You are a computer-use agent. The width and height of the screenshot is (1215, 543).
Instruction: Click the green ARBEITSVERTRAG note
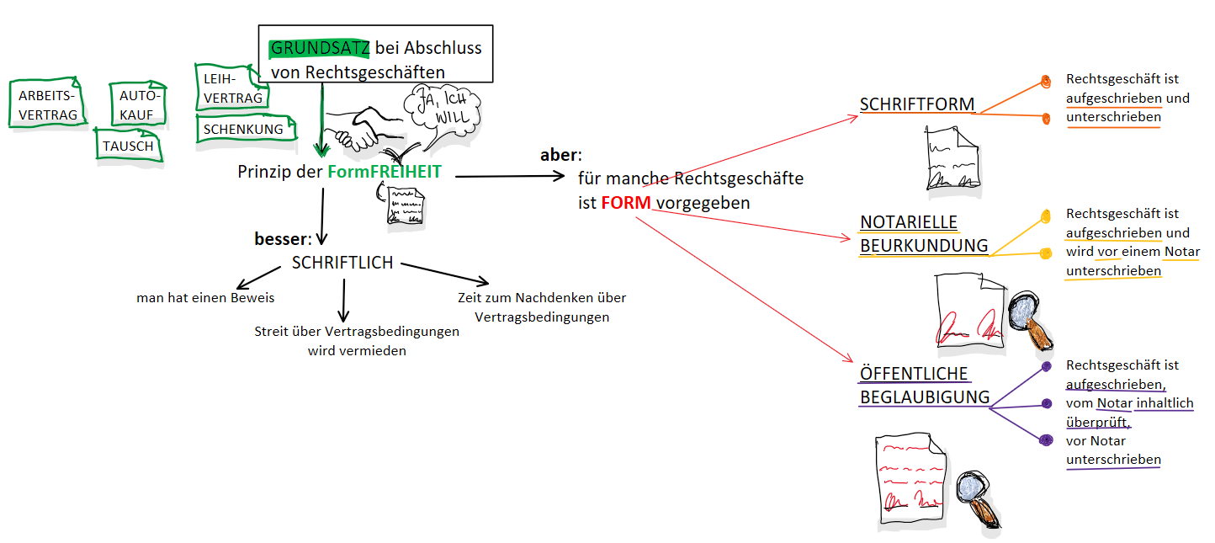pos(47,104)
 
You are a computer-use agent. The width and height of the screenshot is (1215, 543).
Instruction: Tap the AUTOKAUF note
pos(138,105)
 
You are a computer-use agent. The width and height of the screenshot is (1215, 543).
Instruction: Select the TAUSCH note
pos(128,146)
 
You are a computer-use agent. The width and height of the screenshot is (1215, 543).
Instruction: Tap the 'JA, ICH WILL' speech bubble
pos(441,108)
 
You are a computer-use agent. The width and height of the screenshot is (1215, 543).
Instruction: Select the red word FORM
pos(626,204)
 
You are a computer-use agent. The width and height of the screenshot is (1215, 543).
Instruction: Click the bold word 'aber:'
pos(560,157)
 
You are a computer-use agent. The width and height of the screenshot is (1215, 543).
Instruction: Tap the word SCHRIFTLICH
pos(342,263)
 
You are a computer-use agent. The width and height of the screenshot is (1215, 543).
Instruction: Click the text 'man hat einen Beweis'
pos(205,298)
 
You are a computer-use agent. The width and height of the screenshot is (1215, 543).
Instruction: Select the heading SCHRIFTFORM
pos(916,104)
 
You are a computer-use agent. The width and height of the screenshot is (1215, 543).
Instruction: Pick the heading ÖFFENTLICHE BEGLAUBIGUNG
pos(923,386)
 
